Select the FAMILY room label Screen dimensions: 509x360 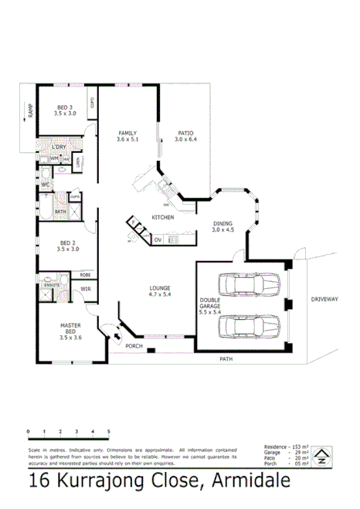pyautogui.click(x=127, y=132)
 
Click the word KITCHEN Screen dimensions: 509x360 pyautogui.click(x=162, y=217)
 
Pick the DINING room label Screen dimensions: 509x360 pyautogui.click(x=223, y=224)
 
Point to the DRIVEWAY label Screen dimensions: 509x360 pyautogui.click(x=324, y=298)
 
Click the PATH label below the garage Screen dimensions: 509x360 pyautogui.click(x=225, y=358)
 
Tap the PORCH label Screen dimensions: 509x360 pyautogui.click(x=134, y=346)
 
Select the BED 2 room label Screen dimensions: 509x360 pyautogui.click(x=68, y=243)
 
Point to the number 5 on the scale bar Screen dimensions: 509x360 pyautogui.click(x=108, y=431)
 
